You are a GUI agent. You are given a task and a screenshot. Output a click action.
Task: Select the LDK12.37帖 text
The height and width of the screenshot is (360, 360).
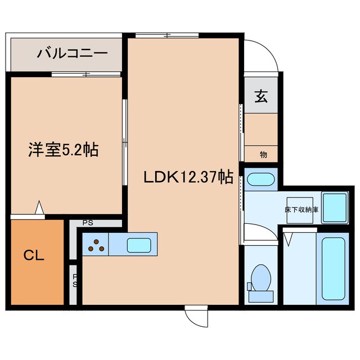click(x=188, y=177)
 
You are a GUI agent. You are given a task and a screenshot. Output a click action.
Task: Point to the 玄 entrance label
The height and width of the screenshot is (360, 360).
click(x=261, y=96)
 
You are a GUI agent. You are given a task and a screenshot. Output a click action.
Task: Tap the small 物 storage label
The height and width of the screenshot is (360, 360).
click(x=263, y=154)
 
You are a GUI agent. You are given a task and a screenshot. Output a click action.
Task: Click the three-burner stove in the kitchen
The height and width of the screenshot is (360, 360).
click(x=96, y=245)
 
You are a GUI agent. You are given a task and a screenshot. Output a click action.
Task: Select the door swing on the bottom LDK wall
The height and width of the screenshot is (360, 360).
click(x=199, y=316)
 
